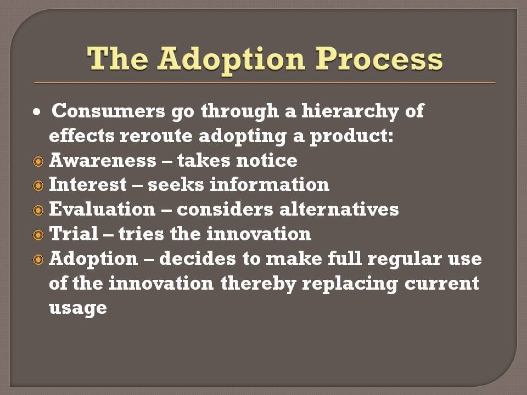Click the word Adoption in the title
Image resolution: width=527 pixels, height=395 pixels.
232,60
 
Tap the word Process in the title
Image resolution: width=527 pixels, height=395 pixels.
379,59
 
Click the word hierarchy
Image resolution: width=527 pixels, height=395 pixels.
350,111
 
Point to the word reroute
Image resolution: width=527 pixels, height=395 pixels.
156,136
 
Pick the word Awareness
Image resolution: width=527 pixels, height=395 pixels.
103,160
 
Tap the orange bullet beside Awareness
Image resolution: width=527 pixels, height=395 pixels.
38,161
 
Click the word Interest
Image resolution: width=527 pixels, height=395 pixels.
88,185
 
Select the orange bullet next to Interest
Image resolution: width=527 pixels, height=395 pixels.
38,186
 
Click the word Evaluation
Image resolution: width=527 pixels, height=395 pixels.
102,209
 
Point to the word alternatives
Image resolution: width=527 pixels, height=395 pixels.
339,209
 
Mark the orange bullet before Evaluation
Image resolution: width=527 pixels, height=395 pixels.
38,210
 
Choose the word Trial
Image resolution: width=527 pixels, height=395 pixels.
74,234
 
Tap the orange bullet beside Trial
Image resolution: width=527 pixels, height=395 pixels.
38,235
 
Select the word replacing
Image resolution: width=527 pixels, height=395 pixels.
350,284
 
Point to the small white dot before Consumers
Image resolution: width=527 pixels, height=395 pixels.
37,112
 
